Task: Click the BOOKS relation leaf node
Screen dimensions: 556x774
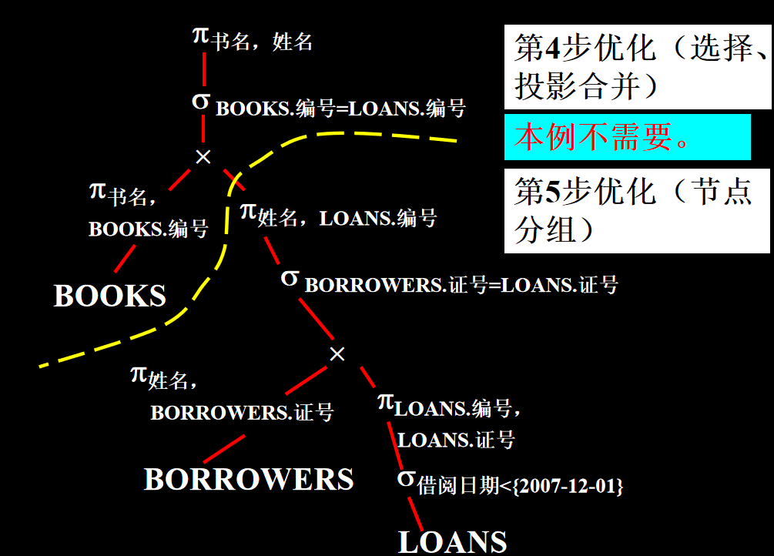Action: [110, 296]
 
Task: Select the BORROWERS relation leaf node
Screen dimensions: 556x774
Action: [249, 479]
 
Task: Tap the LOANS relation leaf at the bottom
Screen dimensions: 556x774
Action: [452, 541]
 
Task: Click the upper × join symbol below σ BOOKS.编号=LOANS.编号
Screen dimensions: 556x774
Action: [203, 157]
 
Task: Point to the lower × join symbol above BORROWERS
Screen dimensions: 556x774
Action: [337, 354]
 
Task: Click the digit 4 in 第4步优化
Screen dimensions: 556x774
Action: [553, 49]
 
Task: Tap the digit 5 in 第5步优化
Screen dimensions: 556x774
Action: [553, 193]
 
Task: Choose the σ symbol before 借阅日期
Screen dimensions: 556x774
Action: [407, 479]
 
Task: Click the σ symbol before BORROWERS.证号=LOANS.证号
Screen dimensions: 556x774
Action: [290, 278]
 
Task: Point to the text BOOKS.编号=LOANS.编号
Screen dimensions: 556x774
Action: [340, 109]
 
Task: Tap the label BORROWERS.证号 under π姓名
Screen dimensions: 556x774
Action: [242, 413]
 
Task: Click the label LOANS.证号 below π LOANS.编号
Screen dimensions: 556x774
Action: [456, 440]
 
